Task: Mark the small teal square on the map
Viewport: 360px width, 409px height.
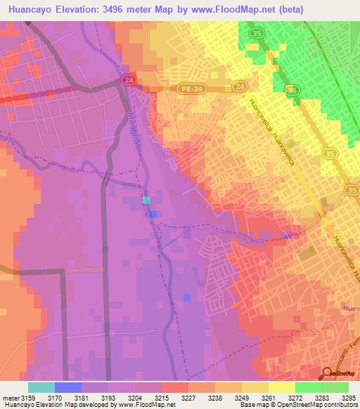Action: [146, 200]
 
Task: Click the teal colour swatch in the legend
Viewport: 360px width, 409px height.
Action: [41, 387]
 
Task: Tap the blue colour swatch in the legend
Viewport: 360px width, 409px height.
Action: [67, 387]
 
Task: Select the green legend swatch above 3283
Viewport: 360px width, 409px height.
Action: [308, 387]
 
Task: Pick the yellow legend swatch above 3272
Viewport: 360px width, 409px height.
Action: [281, 387]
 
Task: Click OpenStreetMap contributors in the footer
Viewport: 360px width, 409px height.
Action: [326, 405]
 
